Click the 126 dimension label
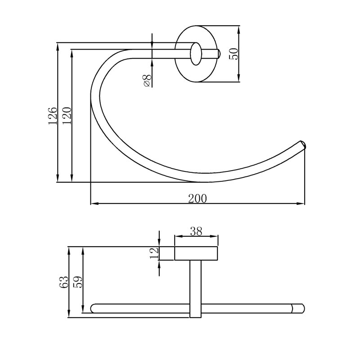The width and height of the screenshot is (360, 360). coord(53,116)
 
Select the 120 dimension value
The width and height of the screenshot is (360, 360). coord(67,116)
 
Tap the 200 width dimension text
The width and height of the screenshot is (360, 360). coord(198,198)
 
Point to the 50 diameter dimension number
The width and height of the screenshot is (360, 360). coord(234,54)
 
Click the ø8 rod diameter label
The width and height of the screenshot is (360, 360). coord(147,81)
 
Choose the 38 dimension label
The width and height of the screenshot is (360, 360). coord(196,231)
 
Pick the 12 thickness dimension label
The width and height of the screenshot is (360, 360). coord(154,253)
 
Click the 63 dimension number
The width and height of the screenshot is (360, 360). coord(64,282)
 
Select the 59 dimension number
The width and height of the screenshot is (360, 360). coord(77,282)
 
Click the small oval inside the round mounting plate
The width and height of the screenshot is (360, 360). coord(196,54)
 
